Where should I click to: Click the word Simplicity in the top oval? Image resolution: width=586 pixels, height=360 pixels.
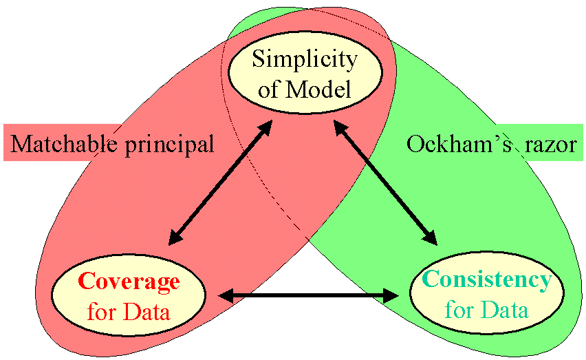coord(305,60)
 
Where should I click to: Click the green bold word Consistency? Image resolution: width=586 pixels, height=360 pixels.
coord(487,280)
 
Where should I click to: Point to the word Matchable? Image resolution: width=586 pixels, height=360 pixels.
coord(63,143)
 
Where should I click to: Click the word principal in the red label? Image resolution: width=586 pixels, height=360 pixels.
coord(169,145)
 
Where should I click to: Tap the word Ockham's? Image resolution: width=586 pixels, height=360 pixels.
coord(459,144)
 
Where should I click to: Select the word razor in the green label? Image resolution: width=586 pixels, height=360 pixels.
coord(550,145)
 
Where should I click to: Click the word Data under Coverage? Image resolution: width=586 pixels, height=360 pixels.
coord(146,311)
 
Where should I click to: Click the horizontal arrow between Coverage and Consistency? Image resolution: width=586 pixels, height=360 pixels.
coord(308,296)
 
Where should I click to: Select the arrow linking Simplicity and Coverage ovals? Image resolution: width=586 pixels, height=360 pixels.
coord(221,182)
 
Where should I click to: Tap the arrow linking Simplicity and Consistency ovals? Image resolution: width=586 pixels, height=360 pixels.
coord(385,182)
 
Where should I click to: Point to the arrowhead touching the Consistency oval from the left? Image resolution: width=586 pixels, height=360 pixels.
coord(391,296)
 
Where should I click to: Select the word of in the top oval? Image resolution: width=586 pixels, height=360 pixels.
coord(269,89)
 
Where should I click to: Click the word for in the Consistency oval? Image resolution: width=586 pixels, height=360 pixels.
coord(459,310)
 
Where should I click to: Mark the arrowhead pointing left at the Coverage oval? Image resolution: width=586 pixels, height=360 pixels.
coord(226,296)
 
